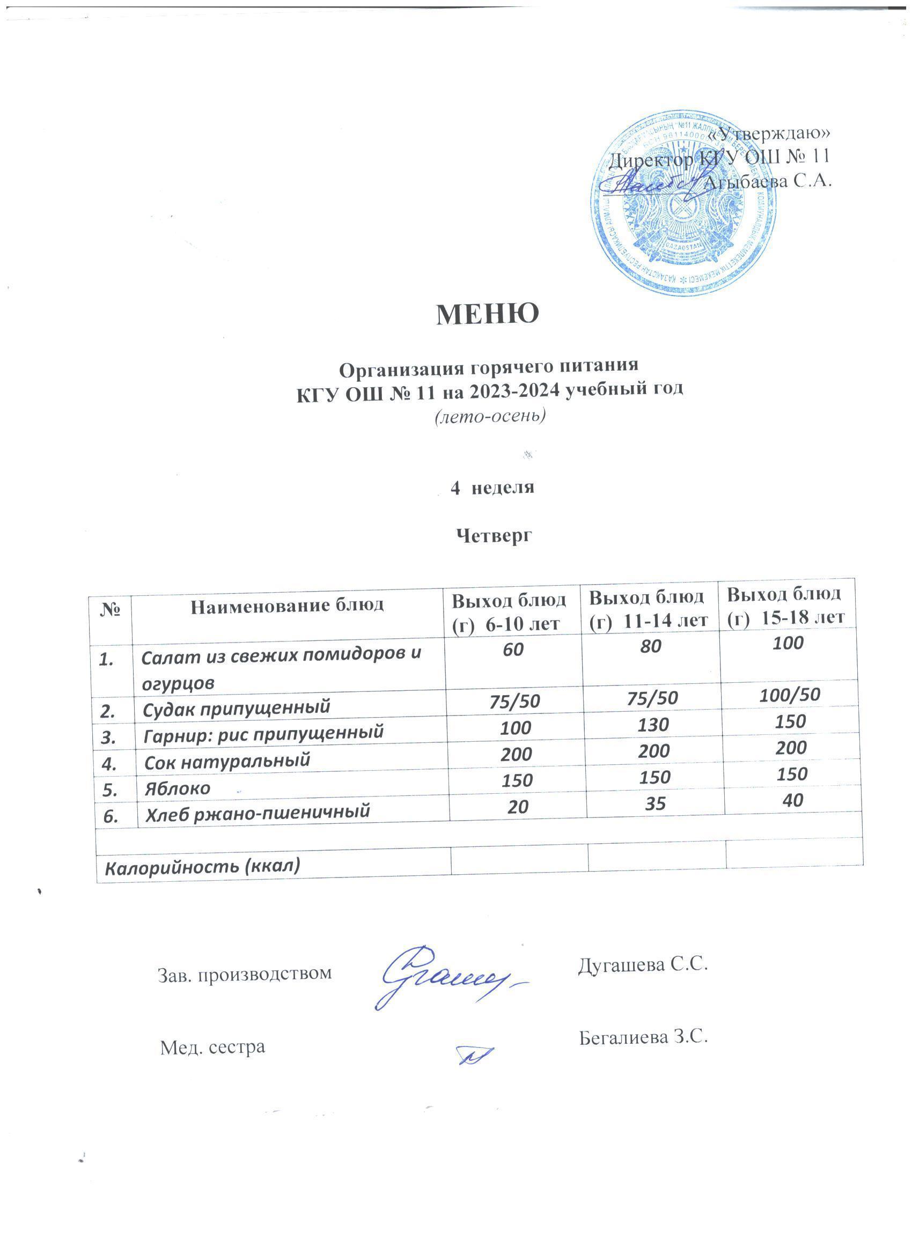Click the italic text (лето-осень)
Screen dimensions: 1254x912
[489, 415]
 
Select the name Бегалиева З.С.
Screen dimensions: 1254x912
[644, 1038]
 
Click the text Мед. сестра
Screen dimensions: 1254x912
[212, 1046]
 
